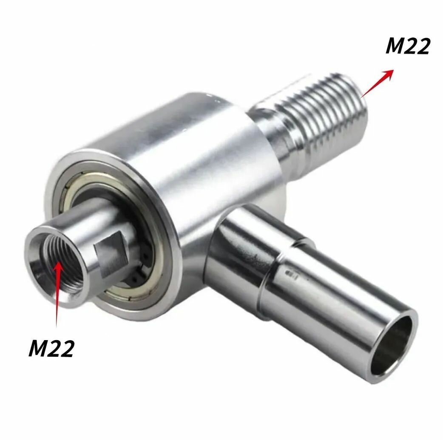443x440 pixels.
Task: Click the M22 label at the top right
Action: click(407, 46)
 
